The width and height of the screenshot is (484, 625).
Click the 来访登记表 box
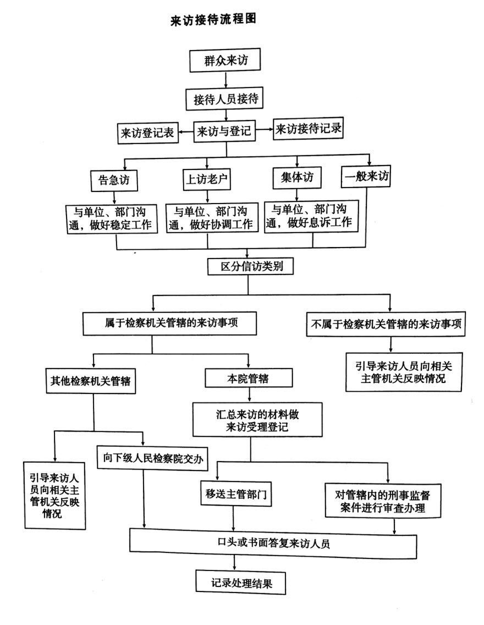[x=147, y=133]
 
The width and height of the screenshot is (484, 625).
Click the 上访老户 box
[x=206, y=179]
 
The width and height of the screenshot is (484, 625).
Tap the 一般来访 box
[x=367, y=177]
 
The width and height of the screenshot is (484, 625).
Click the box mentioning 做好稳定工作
[x=114, y=218]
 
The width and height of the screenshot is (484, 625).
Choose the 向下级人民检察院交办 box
[x=152, y=458]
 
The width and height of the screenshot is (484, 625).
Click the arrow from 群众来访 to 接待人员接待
[x=226, y=80]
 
